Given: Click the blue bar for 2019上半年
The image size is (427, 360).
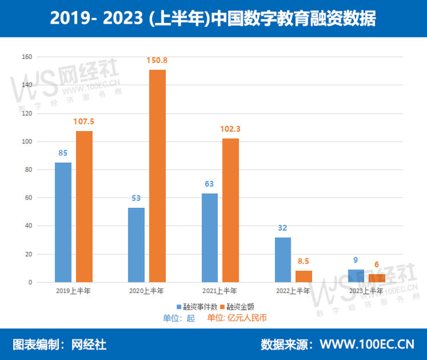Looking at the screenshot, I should pyautogui.click(x=63, y=222).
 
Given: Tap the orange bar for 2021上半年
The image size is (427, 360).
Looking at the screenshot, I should pyautogui.click(x=230, y=210).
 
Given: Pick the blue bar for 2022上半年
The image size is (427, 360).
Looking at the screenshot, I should pyautogui.click(x=283, y=260).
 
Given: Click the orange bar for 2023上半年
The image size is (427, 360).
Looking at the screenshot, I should pyautogui.click(x=376, y=278).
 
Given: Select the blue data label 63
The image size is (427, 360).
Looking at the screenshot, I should pyautogui.click(x=210, y=184).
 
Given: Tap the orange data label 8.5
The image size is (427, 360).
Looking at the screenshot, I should pyautogui.click(x=304, y=261).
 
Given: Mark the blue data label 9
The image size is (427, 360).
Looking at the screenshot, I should pyautogui.click(x=356, y=260).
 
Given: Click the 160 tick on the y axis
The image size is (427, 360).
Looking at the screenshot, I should pyautogui.click(x=27, y=57).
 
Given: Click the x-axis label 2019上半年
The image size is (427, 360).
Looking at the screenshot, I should pyautogui.click(x=73, y=290).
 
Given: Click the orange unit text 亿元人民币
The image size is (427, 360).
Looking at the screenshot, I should pyautogui.click(x=247, y=318).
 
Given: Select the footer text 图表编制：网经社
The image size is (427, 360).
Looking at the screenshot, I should pyautogui.click(x=60, y=344).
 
